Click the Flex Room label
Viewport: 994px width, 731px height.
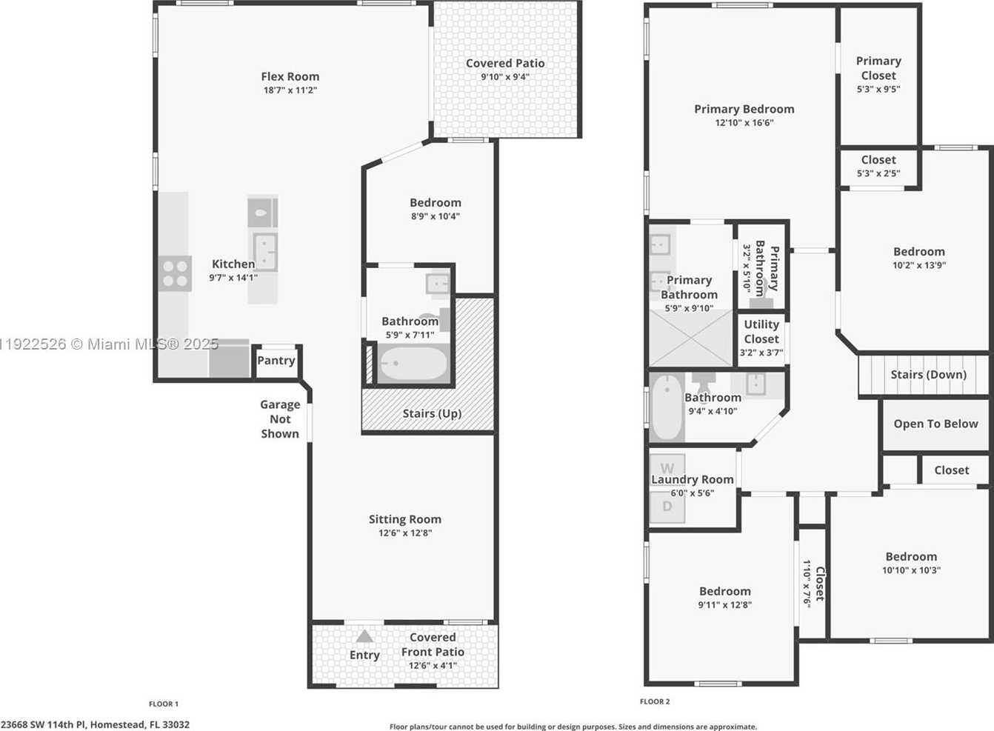pos(290,76)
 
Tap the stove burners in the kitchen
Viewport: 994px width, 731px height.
pos(176,273)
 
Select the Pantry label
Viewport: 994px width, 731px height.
pos(276,361)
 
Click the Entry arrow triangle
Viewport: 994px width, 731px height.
pos(364,636)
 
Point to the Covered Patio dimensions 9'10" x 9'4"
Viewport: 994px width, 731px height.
pos(504,77)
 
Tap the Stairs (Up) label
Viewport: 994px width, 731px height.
pos(432,413)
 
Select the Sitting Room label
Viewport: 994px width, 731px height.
pos(404,519)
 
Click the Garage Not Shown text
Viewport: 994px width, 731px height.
pos(280,419)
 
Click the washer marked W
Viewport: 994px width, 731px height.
pos(667,468)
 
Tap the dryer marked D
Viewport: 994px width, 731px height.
pos(667,507)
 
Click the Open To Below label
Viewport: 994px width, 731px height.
pos(935,424)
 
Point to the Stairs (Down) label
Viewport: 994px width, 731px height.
pos(928,375)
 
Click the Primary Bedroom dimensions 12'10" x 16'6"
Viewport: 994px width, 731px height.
pos(744,123)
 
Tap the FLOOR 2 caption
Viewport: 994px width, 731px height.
pos(655,701)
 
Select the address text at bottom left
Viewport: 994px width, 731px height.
pos(95,725)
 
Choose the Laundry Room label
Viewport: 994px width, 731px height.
pos(693,479)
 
